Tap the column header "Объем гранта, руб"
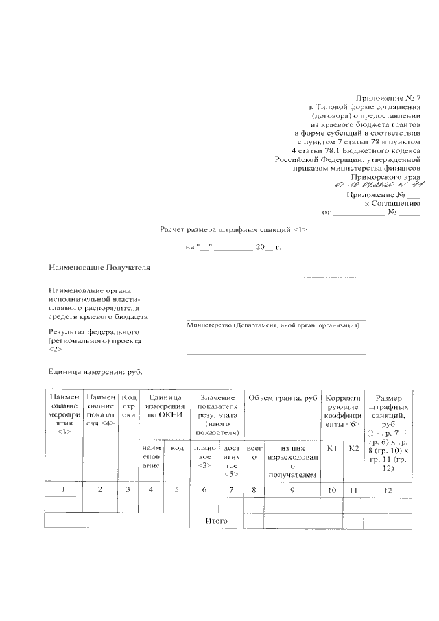(282, 399)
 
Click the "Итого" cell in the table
(216, 522)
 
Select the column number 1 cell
(64, 489)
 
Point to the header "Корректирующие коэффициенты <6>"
(342, 411)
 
